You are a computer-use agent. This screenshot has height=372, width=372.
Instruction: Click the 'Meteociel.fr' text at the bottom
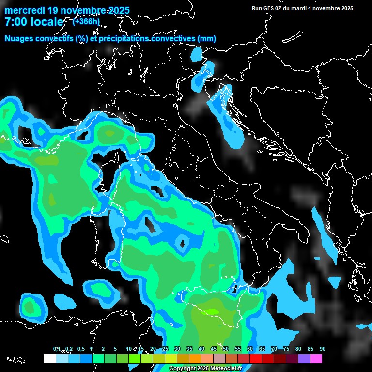(226, 369)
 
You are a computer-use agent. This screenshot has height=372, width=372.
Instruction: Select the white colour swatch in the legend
(49, 358)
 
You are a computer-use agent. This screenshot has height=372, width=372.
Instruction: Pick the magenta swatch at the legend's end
(316, 358)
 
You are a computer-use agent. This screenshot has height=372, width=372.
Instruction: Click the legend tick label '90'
(322, 349)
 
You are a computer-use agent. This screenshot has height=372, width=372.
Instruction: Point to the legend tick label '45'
(214, 349)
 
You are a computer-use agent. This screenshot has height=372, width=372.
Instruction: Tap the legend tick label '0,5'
(80, 349)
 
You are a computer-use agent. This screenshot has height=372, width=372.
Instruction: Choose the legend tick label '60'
(250, 349)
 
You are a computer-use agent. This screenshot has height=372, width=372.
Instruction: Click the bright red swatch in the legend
(256, 358)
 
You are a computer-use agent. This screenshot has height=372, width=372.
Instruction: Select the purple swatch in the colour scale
(304, 358)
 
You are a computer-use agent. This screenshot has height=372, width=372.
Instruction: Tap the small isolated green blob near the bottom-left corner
(31, 307)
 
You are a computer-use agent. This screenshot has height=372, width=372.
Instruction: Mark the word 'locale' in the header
(46, 22)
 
